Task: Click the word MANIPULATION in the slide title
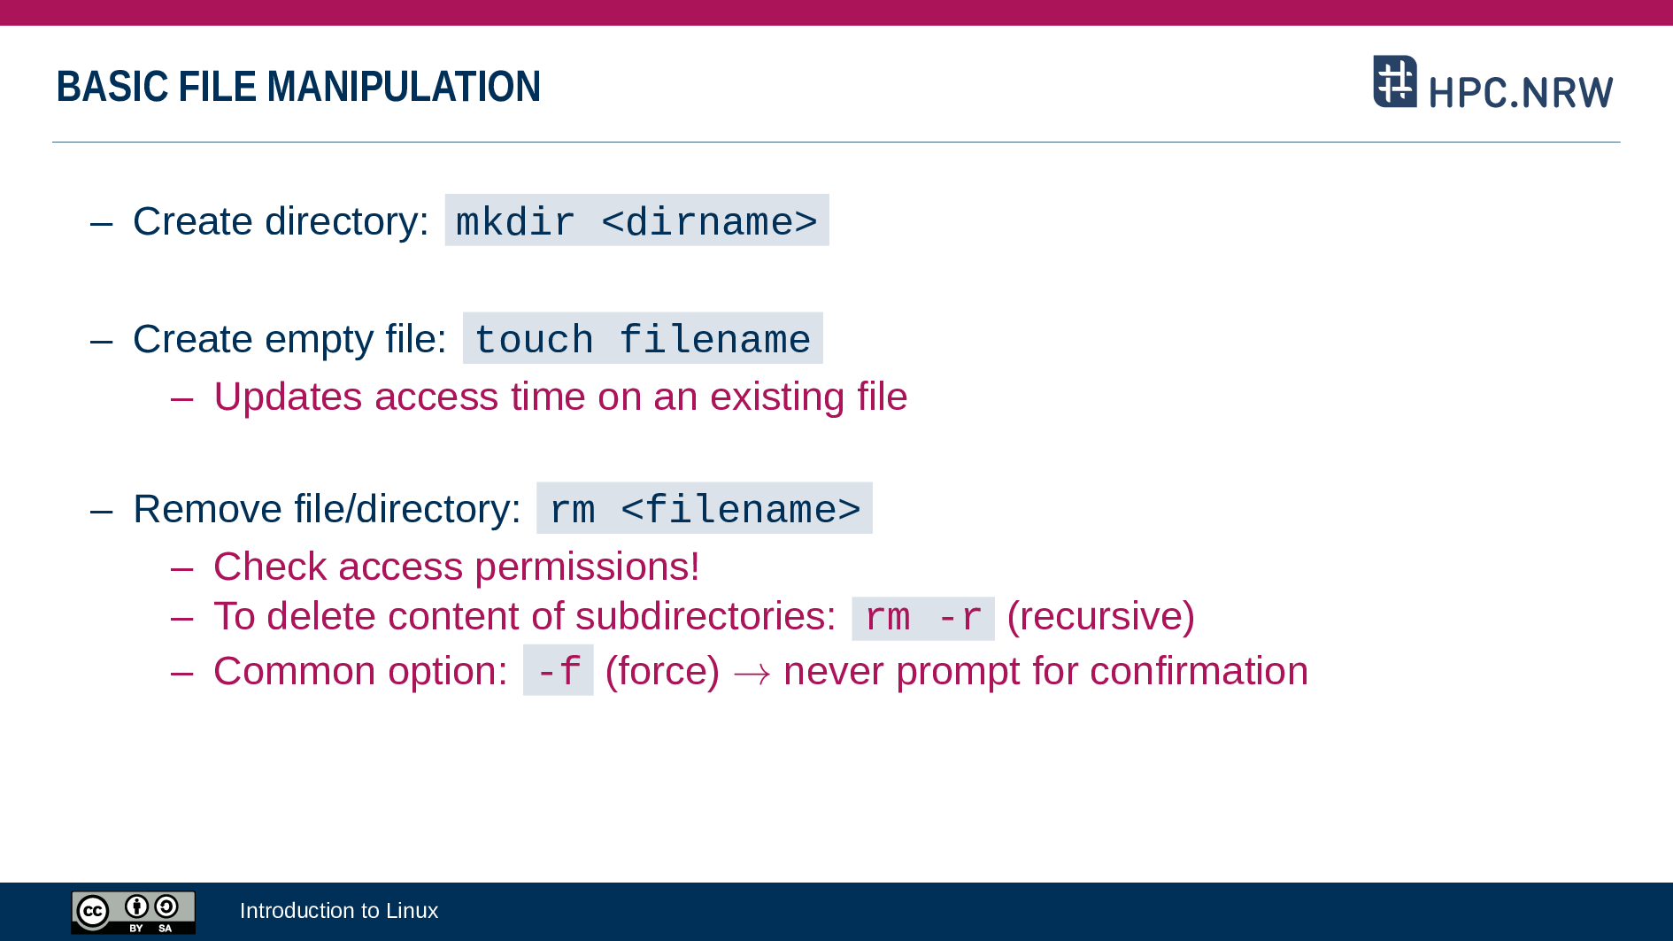click(x=404, y=87)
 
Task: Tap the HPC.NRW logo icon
click(x=1395, y=81)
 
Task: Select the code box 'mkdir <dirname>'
click(x=636, y=220)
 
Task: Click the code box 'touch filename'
click(x=643, y=338)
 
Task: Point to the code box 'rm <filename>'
click(x=705, y=508)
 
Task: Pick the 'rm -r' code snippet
click(x=923, y=618)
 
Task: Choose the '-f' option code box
click(x=559, y=670)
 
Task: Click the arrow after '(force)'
click(x=752, y=675)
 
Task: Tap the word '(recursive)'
click(x=1101, y=616)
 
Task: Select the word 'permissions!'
click(x=588, y=567)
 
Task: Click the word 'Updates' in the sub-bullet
click(x=288, y=397)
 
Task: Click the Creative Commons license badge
click(x=133, y=912)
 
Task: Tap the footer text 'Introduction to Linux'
click(x=339, y=911)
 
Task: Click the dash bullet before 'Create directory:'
click(x=102, y=223)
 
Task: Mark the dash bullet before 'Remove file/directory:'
click(x=102, y=511)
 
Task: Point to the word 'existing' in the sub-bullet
click(x=777, y=397)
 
